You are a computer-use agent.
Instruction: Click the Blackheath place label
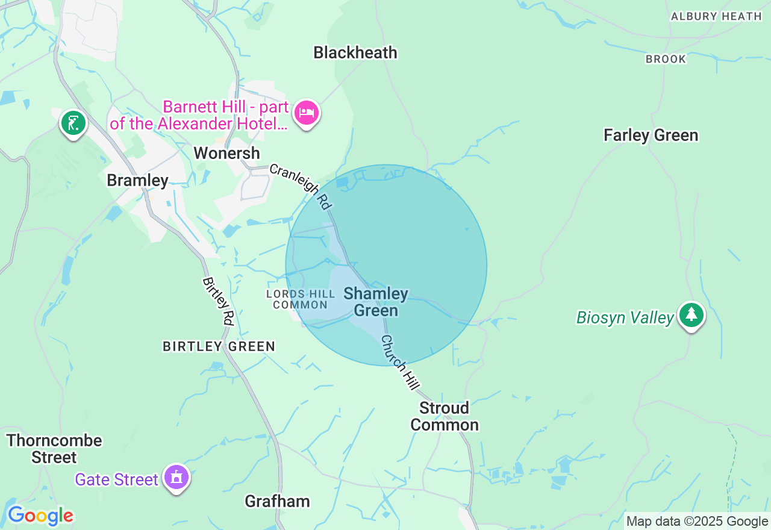coord(355,53)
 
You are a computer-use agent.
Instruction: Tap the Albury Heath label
coord(716,16)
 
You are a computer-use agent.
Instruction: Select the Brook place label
coord(666,59)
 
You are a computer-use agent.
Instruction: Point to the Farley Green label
coord(651,136)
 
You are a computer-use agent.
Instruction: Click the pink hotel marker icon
coord(307,113)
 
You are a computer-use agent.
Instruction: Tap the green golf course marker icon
coord(73,123)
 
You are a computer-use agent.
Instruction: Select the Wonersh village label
coord(226,154)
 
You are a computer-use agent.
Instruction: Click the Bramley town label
coord(137,180)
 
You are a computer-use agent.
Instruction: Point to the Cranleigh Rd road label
coord(301,187)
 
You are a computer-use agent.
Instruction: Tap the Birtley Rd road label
coord(218,301)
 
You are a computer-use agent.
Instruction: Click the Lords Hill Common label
coord(301,299)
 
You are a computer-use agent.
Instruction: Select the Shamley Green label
coord(376,302)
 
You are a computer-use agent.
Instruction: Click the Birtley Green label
coord(219,346)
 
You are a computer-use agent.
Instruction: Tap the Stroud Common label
coord(445,416)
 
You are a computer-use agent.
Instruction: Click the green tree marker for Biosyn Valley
coord(691,315)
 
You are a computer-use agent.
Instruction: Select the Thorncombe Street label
coord(54,449)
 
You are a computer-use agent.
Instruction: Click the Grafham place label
coord(277,501)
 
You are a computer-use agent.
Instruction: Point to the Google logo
coord(40,516)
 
